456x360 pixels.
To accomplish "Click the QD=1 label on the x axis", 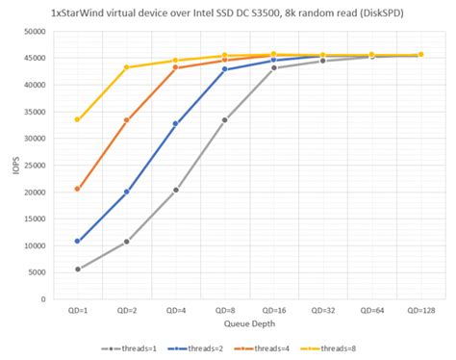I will (x=77, y=311).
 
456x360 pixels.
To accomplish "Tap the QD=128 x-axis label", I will (x=420, y=311).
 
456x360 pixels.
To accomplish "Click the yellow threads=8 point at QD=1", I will (x=77, y=119).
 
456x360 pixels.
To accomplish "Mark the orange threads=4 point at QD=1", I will (x=77, y=189).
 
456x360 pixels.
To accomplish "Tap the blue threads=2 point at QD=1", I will (x=77, y=241).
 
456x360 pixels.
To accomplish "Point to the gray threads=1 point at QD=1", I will (x=77, y=270).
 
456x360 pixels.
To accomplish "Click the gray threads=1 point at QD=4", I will (x=175, y=190).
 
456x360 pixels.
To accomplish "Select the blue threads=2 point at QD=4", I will (x=175, y=123).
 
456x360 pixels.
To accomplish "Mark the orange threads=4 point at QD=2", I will (x=126, y=120).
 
